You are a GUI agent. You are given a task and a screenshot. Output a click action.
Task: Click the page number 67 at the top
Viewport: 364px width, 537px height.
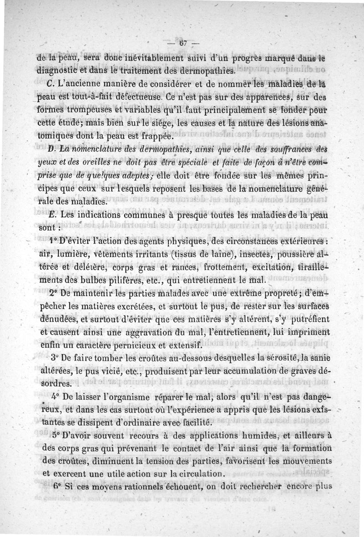click(x=183, y=44)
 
